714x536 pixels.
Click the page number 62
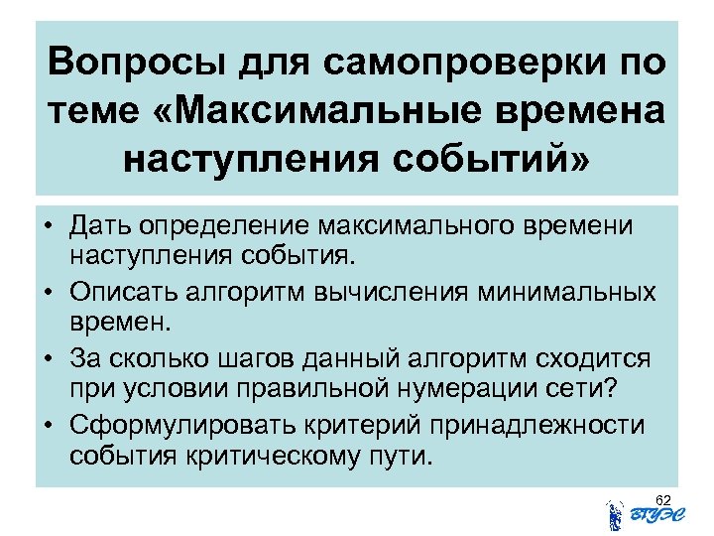click(663, 497)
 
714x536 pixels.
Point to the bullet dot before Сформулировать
click(51, 427)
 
